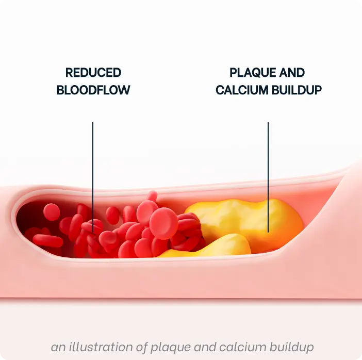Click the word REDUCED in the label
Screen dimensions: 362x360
click(93, 73)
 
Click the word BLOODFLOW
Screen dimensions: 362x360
click(93, 90)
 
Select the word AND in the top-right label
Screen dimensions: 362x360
click(291, 73)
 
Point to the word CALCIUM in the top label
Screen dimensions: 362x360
click(242, 90)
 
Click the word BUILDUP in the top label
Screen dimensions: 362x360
click(297, 90)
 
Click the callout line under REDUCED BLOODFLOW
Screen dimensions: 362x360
click(93, 177)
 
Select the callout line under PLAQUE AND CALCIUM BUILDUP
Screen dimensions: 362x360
click(268, 177)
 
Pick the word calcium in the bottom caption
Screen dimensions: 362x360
click(243, 347)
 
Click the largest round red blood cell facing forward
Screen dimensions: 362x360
click(163, 223)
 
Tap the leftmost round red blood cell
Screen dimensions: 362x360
click(52, 212)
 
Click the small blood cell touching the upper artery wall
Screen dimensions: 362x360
click(152, 196)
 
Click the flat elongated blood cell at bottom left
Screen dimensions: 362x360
click(48, 241)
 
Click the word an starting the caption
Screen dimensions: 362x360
click(59, 348)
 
